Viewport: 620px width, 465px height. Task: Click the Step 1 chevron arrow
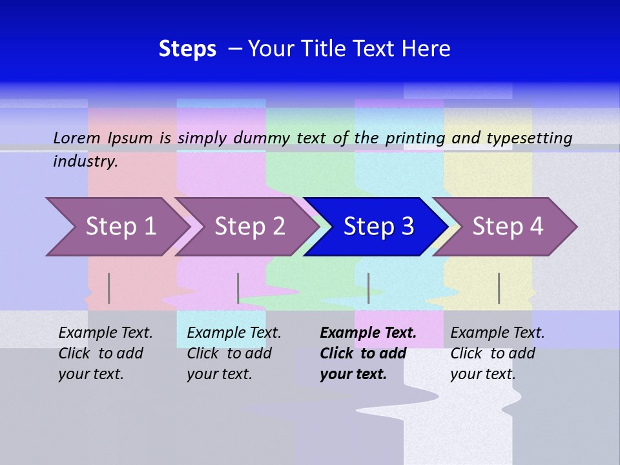119,227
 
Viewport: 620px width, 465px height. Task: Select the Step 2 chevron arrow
249,227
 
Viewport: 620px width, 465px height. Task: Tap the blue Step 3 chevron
378,227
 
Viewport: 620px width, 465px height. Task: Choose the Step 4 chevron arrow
508,227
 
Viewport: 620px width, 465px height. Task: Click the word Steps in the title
187,49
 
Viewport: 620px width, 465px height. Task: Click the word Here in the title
426,49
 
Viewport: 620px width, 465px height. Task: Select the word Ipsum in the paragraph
130,138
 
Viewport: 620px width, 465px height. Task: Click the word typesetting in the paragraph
529,138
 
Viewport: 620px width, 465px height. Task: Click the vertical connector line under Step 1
109,288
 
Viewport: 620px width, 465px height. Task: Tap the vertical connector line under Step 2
238,288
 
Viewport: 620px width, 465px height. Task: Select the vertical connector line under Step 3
369,288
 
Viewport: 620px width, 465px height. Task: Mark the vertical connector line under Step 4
499,288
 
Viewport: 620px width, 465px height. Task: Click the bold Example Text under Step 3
368,333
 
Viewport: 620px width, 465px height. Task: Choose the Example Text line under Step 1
105,333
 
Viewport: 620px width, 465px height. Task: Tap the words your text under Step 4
482,374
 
